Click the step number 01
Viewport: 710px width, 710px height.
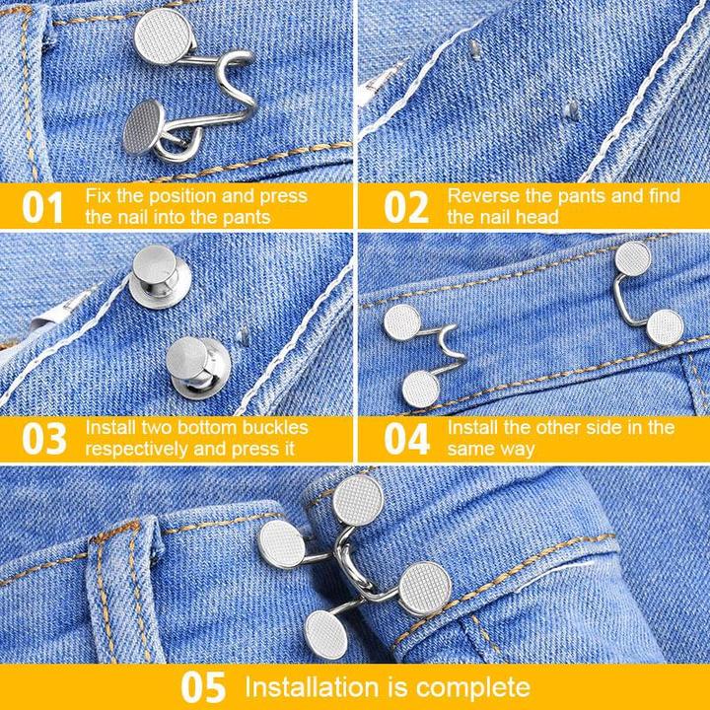(42, 207)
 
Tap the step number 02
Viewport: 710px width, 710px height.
(405, 207)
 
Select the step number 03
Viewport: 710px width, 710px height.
(42, 439)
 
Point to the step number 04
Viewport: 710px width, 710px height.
(405, 439)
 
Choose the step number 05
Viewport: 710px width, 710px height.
(203, 686)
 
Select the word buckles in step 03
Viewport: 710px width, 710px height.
(269, 428)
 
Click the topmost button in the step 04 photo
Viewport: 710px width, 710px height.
(632, 258)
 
